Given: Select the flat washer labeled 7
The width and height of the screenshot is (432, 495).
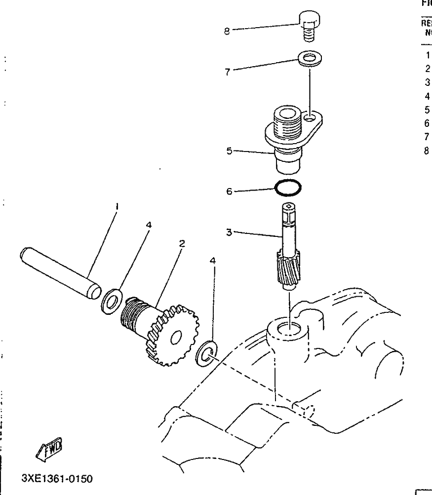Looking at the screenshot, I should [309, 59].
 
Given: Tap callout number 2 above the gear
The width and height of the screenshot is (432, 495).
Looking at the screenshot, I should [182, 244].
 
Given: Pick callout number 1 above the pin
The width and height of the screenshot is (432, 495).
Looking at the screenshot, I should [117, 207].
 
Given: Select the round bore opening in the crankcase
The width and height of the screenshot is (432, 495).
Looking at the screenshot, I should [288, 329].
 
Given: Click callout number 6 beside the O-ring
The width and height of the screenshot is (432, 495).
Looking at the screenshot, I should [229, 191].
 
